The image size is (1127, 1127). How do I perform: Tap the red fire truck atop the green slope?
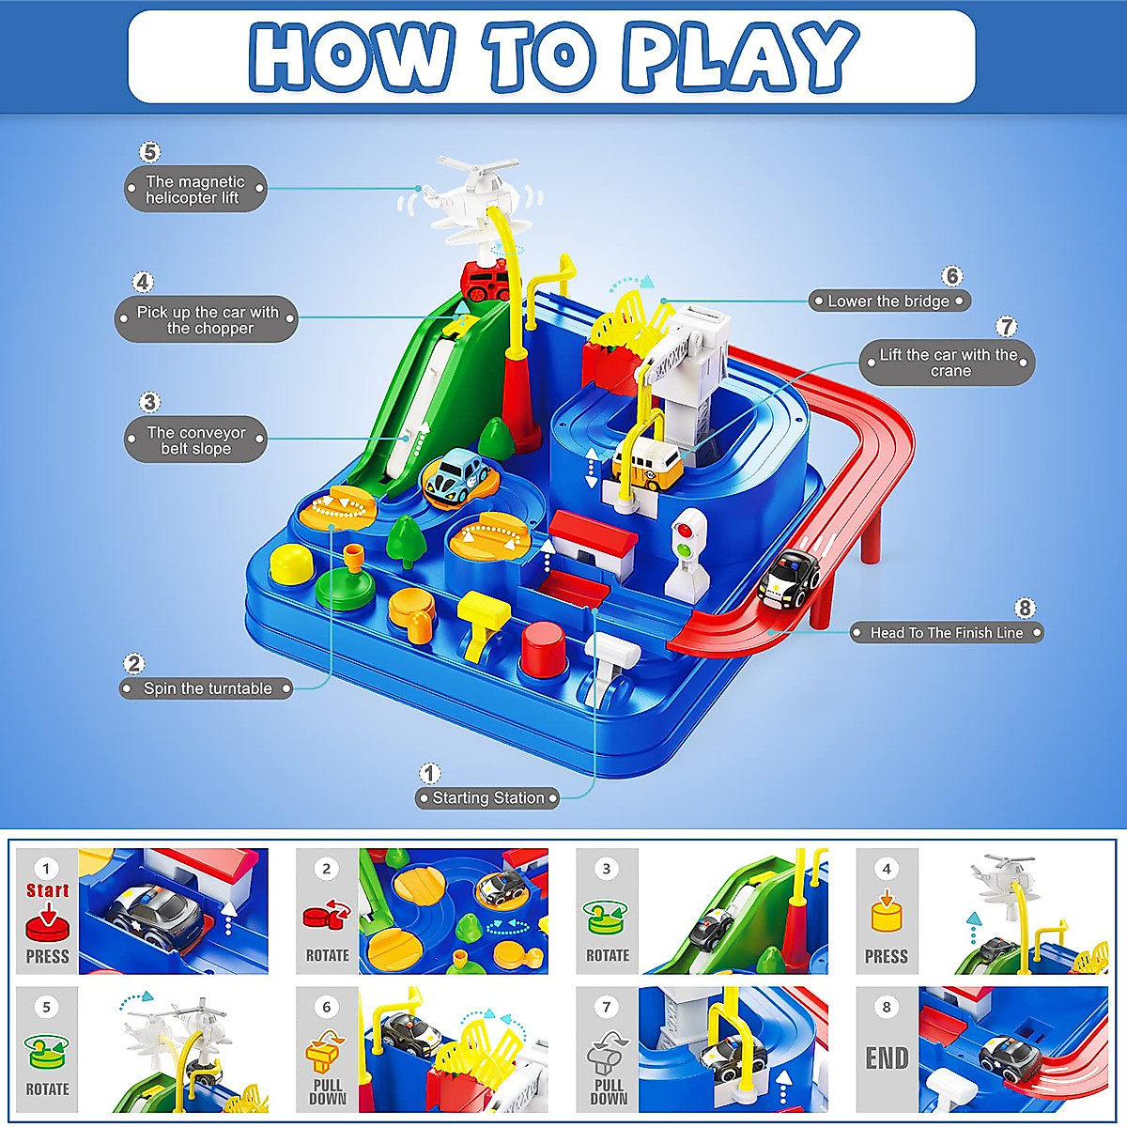click(491, 282)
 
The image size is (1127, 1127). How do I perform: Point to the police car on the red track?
click(788, 580)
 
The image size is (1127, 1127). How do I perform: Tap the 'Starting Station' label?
click(487, 797)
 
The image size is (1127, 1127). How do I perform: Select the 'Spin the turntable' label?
click(207, 688)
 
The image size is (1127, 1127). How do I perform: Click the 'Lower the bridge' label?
click(889, 301)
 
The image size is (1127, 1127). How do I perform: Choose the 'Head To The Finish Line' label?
click(947, 632)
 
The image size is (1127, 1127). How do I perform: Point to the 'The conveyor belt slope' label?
click(195, 440)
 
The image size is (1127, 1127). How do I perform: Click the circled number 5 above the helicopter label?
click(149, 153)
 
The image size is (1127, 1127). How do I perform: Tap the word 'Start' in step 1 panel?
click(47, 890)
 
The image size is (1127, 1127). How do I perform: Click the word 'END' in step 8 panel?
click(887, 1058)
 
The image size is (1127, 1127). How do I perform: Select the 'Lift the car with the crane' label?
click(948, 363)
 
